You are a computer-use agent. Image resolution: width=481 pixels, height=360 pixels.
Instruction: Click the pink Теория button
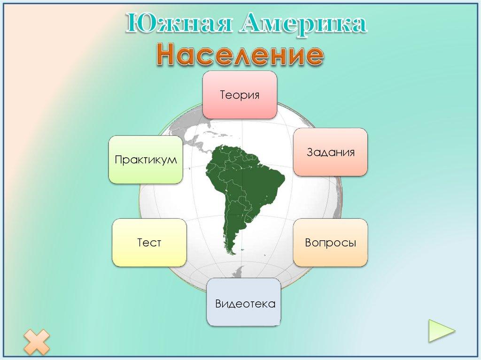[240, 95]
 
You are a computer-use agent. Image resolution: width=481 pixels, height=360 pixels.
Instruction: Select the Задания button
[331, 152]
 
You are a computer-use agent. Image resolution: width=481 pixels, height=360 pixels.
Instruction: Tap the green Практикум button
[146, 160]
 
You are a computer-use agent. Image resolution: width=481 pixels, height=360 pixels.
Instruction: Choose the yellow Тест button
[149, 243]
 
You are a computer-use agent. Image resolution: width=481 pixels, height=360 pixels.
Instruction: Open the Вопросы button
[331, 243]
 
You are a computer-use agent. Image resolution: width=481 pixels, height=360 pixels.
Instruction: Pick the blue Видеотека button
[245, 303]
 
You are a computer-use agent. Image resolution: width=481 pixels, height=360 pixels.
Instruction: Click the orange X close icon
[36, 342]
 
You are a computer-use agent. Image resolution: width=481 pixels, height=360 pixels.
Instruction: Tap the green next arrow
[441, 331]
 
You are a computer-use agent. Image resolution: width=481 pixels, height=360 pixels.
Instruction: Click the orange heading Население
[240, 55]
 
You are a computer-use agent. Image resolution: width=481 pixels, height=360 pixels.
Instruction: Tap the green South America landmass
[244, 183]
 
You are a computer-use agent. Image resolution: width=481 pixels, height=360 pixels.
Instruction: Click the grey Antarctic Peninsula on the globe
[239, 272]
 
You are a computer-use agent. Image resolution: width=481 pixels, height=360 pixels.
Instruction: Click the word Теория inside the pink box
[240, 95]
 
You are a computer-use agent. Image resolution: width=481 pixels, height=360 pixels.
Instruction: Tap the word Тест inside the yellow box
[149, 243]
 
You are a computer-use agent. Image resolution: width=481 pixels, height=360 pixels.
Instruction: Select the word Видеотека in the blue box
[245, 303]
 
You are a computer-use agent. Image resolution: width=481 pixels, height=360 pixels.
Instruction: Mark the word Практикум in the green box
[146, 160]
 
